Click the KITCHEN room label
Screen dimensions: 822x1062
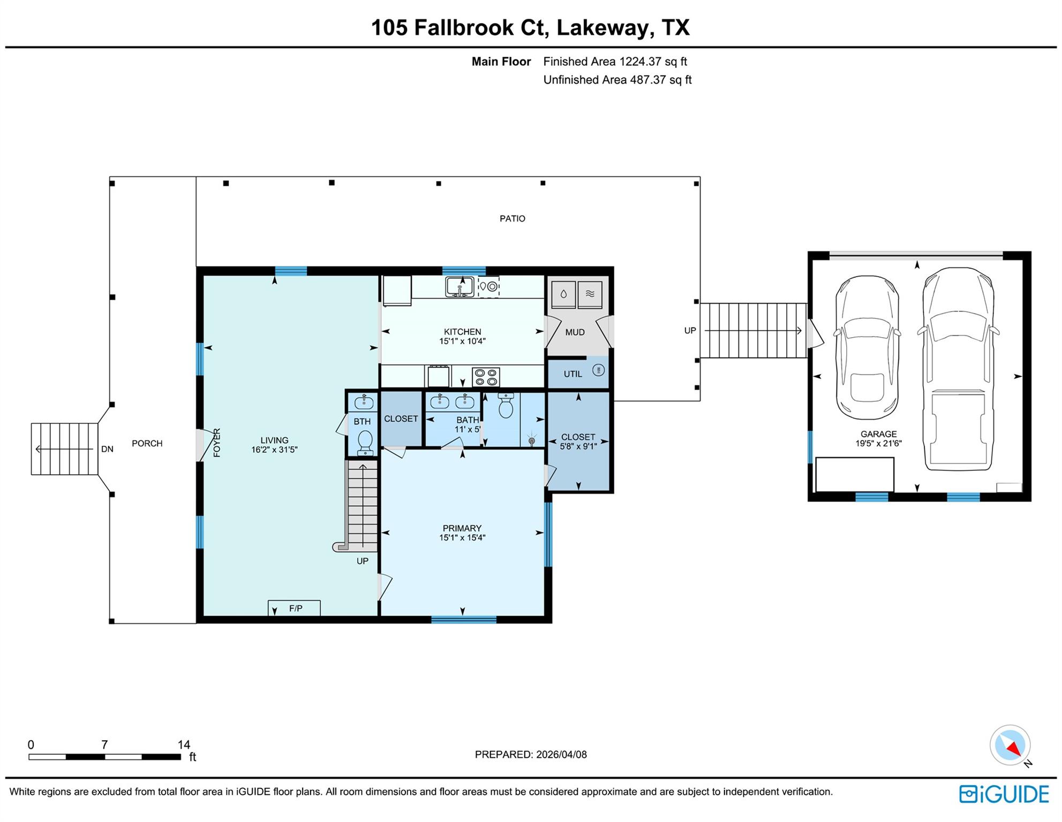coord(462,332)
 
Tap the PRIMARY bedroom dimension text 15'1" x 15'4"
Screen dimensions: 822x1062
coord(462,538)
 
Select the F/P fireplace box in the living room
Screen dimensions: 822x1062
coord(294,608)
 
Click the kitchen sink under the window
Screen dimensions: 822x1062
coord(460,287)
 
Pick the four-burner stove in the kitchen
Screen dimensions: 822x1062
coord(486,377)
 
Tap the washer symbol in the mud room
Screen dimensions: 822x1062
coord(563,294)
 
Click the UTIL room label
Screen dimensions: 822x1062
coord(573,374)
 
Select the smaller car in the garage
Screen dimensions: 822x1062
coord(867,348)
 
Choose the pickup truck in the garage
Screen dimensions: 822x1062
coord(958,369)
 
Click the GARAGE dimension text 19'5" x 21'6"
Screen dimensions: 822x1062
coord(878,443)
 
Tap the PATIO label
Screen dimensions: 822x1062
coord(513,218)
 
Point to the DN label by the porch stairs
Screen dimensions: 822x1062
coord(107,449)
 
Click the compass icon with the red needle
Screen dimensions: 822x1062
coord(1010,745)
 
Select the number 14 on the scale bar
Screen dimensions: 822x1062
coord(184,744)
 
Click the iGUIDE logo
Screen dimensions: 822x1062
coord(1004,794)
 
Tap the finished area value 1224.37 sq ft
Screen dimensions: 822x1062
coord(653,62)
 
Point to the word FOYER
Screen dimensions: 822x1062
coord(217,443)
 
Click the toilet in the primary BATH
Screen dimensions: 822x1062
coord(506,406)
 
